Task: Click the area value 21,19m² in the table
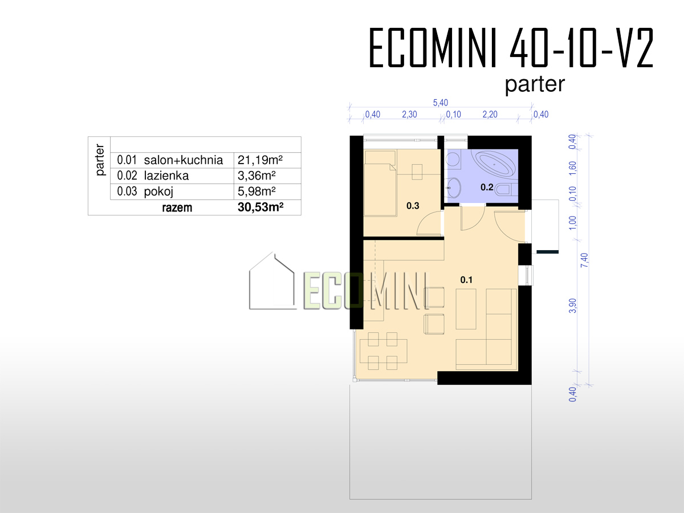point(260,160)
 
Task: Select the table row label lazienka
point(166,176)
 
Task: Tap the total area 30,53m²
point(260,207)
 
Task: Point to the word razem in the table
point(177,207)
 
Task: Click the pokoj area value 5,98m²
point(256,192)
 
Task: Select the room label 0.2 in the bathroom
point(487,187)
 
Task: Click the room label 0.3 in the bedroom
point(413,206)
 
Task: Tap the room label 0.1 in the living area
point(466,280)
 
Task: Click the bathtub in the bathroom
point(494,164)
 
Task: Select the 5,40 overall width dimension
point(440,103)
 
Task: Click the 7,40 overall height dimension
point(584,260)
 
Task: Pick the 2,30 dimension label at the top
point(409,115)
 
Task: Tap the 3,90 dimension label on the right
point(573,306)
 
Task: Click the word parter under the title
point(535,84)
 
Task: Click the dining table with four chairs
point(383,351)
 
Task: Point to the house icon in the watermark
point(272,281)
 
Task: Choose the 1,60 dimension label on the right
point(573,168)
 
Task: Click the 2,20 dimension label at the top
point(490,115)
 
